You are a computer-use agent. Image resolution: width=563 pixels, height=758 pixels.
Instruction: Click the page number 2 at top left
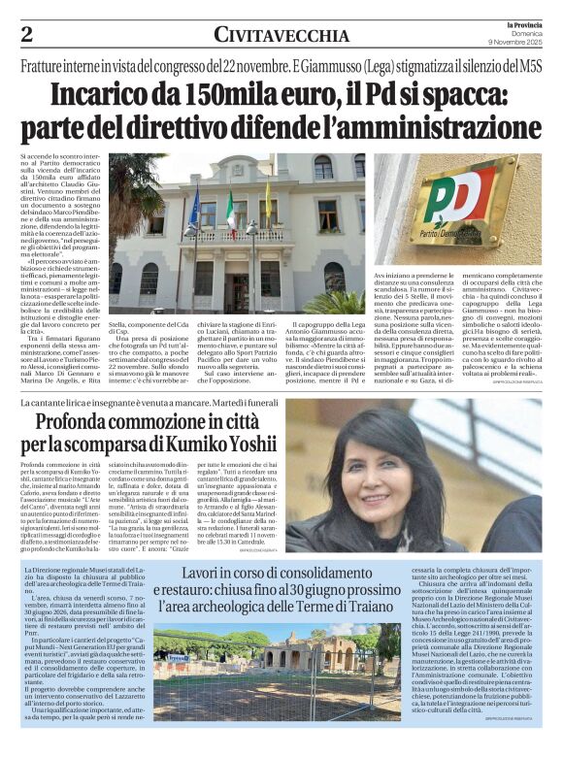coord(27,34)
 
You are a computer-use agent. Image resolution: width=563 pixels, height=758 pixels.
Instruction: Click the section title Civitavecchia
coord(281,36)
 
